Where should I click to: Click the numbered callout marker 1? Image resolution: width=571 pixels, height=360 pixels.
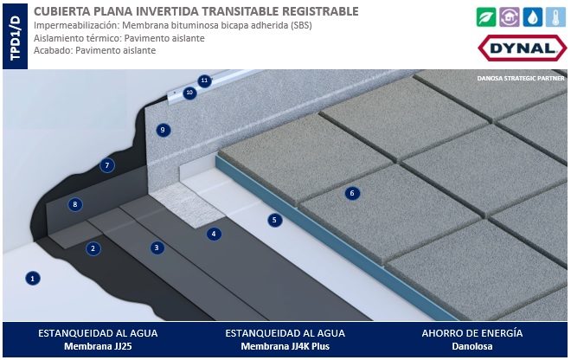tap(33, 279)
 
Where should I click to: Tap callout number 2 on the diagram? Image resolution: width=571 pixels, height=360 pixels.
tap(93, 248)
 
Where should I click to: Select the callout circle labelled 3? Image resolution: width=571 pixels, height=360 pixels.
tap(157, 247)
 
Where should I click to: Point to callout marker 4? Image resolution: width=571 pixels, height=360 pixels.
tap(214, 234)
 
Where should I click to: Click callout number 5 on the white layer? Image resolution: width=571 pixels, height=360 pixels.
tap(274, 220)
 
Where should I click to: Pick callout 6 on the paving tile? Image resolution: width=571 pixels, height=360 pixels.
tap(352, 193)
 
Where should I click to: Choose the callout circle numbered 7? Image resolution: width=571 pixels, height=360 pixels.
tap(107, 165)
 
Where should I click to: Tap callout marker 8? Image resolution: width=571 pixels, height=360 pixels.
tap(75, 204)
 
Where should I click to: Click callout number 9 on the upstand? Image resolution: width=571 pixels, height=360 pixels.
tap(163, 130)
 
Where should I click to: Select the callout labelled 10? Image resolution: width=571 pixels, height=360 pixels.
tap(189, 93)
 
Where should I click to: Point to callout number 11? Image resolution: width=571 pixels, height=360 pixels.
tap(204, 80)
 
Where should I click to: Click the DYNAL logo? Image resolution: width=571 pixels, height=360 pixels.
tap(523, 48)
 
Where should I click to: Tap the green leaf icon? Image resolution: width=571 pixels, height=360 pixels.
tap(486, 16)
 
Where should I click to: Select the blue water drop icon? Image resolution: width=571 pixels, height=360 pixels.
tap(532, 16)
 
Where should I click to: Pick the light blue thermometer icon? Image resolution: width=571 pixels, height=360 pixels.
tap(555, 16)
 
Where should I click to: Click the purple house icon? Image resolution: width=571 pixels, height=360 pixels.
tap(510, 16)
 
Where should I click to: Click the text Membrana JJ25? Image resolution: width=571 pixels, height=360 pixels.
tap(98, 346)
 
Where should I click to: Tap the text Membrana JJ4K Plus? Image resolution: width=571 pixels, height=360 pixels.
tap(285, 346)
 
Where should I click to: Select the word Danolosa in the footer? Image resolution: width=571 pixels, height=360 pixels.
tap(472, 346)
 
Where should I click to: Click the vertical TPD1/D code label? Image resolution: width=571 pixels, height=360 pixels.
tap(16, 37)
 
